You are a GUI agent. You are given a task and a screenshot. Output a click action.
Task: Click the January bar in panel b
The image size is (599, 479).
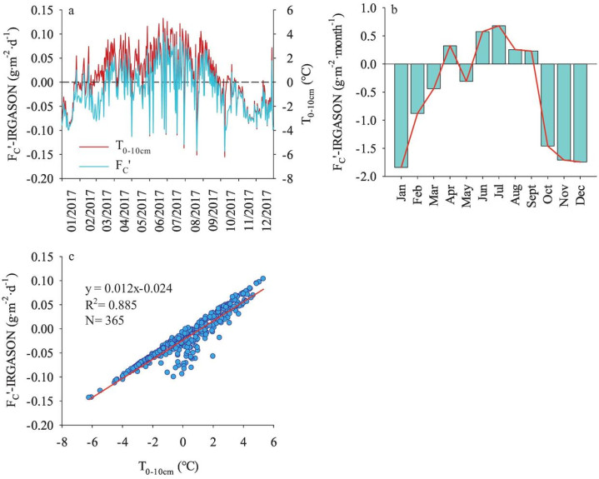click(402, 116)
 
